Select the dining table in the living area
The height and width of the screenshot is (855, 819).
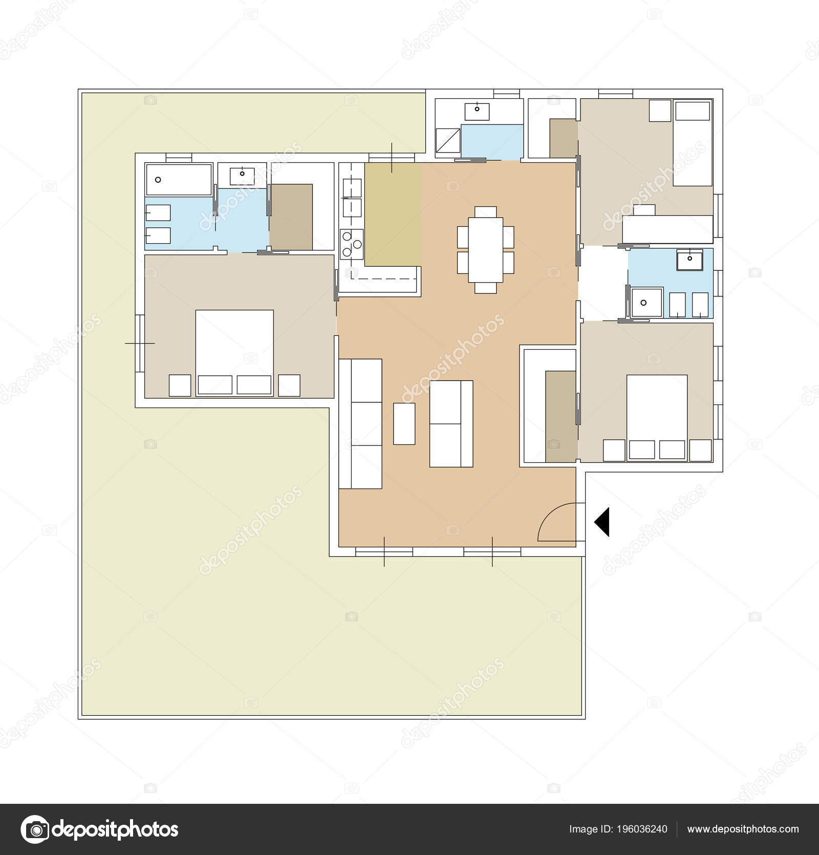[x=485, y=250]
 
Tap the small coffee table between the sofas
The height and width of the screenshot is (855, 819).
[x=404, y=423]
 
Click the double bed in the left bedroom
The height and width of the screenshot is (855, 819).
[x=234, y=352]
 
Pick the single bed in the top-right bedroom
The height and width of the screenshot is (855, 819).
[x=692, y=143]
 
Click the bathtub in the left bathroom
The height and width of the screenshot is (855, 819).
[x=178, y=179]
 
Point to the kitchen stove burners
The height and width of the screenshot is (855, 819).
[x=352, y=244]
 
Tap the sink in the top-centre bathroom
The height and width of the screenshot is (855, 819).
[x=477, y=110]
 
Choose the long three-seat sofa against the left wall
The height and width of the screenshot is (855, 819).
[x=360, y=424]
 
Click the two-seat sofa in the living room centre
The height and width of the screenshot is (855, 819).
[x=451, y=423]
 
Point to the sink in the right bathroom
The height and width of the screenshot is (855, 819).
[x=689, y=260]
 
